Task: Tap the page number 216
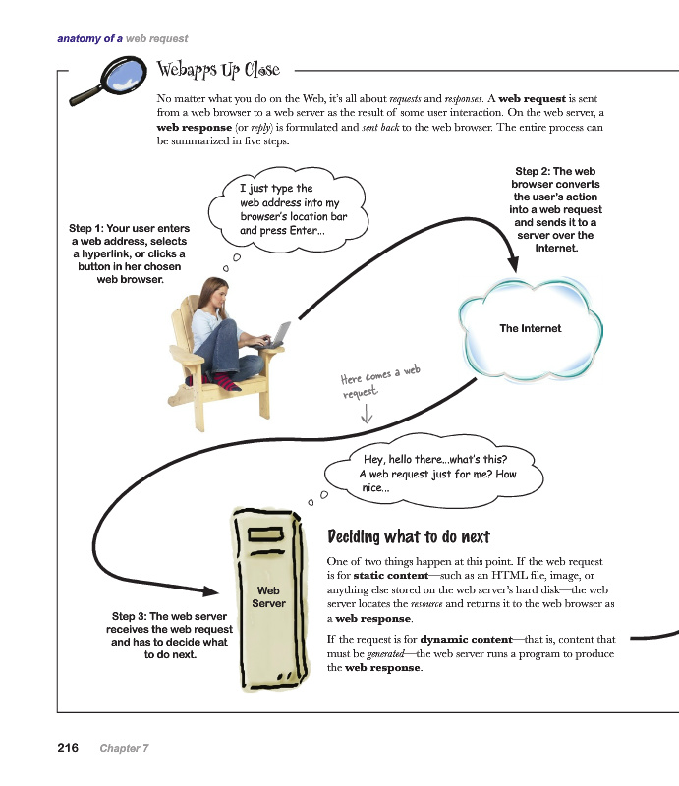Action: click(68, 748)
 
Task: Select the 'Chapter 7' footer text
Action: click(124, 749)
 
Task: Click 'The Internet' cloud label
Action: click(530, 328)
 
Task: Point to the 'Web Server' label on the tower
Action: click(268, 596)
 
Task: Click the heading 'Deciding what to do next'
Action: click(408, 536)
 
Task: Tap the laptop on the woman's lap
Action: click(276, 334)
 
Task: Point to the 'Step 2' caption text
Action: click(555, 209)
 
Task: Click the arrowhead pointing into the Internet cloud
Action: click(513, 265)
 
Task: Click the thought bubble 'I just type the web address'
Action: click(291, 209)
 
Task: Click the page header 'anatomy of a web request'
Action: click(123, 39)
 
